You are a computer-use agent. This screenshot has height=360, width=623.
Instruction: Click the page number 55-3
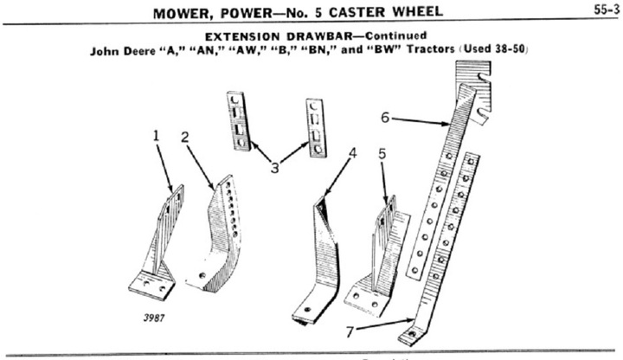[604, 11]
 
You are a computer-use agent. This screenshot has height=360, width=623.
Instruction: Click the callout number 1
[157, 135]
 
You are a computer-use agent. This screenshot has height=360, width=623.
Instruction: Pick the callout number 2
[184, 137]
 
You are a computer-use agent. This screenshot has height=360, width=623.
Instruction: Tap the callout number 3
[274, 167]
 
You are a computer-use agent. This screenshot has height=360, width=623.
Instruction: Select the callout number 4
[352, 154]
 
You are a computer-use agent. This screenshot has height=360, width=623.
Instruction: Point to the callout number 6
[385, 118]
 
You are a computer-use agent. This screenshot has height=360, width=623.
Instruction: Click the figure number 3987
[154, 317]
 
